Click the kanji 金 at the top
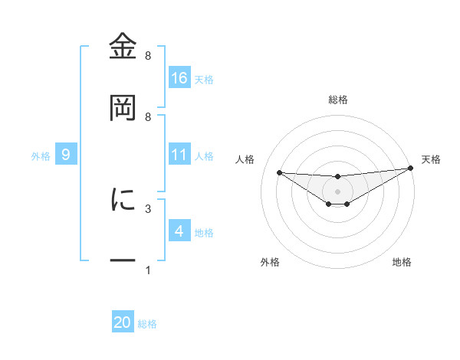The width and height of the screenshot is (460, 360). coord(123,47)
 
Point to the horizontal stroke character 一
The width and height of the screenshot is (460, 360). coord(123,260)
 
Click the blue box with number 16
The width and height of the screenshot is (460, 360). coord(179,77)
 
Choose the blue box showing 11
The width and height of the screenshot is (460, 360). coord(179,155)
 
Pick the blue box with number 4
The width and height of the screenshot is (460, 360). coord(179,231)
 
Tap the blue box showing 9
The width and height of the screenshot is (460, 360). coord(66,155)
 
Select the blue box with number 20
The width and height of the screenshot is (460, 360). coord(123,322)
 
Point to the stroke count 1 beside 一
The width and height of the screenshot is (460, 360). coord(147,270)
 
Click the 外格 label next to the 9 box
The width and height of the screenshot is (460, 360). coord(41,155)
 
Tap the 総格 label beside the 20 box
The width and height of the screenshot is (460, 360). coord(147,324)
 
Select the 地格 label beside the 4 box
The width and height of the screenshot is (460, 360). coord(204,232)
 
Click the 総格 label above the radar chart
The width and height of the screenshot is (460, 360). coord(337,100)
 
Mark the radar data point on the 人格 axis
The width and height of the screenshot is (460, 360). coord(279,172)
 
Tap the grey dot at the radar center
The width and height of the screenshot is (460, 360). coord(337,191)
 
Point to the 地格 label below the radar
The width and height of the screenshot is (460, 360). coord(402,262)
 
